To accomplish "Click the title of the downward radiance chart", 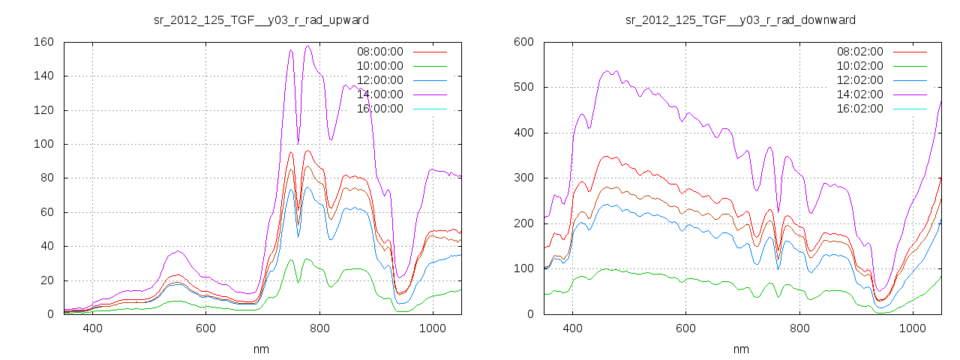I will click(740, 19).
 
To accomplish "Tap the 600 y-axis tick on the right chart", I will click(522, 42).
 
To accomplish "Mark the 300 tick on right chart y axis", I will click(522, 178).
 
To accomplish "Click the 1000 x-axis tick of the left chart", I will click(433, 328).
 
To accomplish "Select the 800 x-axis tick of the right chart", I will click(799, 328).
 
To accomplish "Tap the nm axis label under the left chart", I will click(261, 349).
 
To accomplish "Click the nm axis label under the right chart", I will click(741, 349).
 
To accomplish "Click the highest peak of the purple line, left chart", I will click(307, 46).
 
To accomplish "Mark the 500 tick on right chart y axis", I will click(522, 87).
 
